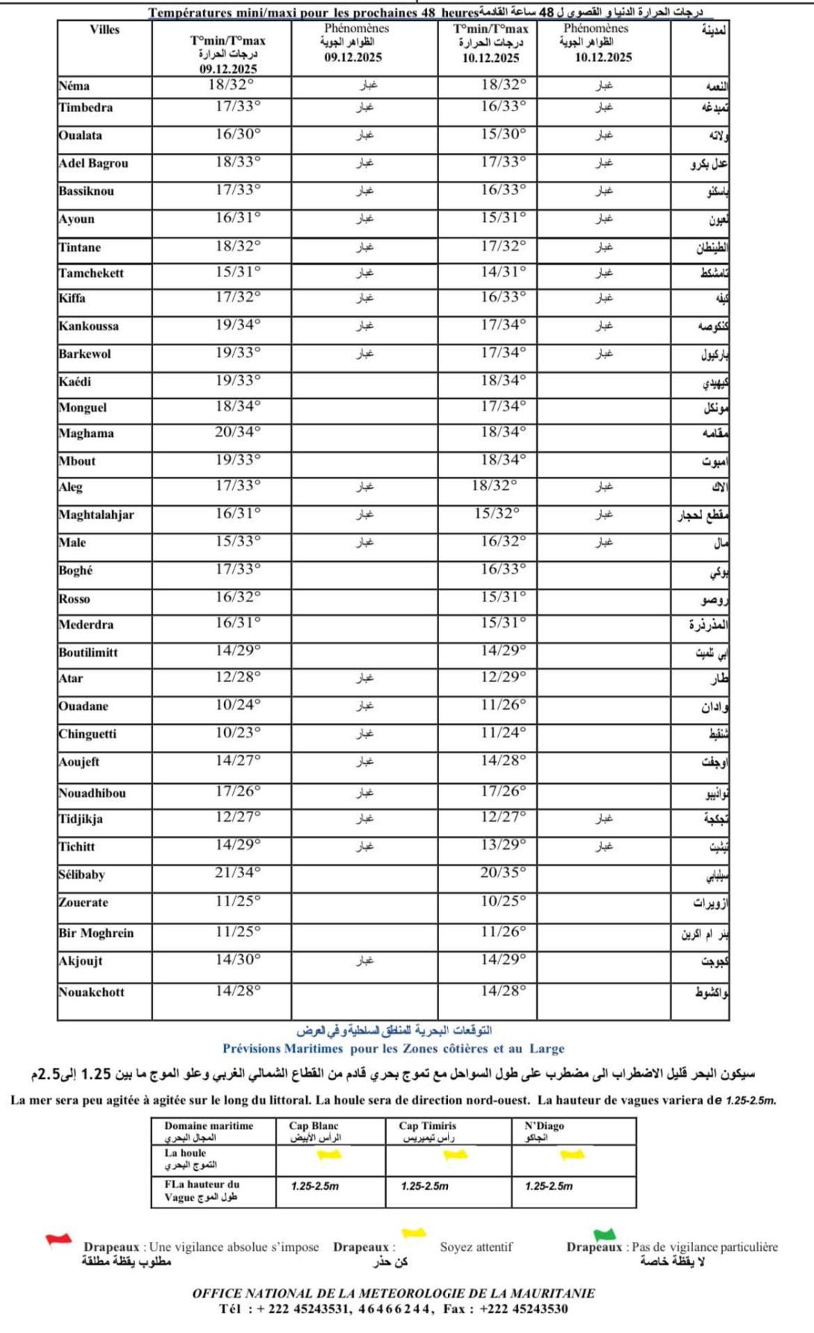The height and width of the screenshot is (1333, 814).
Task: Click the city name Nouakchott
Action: (91, 992)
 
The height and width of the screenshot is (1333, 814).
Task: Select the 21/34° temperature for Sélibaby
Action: (237, 873)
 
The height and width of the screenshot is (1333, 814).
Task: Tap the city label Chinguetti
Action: (87, 734)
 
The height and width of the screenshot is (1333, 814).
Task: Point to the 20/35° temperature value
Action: (503, 873)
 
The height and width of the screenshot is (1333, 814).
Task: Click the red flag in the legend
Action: (58, 1240)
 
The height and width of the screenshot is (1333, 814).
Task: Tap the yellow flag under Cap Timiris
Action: (455, 1155)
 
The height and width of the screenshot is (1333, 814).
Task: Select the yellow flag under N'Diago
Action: (572, 1155)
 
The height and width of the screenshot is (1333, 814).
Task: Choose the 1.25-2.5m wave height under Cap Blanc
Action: (314, 1186)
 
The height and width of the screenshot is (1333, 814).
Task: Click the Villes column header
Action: (105, 30)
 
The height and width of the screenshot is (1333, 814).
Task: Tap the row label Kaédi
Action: (75, 382)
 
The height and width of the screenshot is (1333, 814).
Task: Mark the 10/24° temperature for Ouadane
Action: (237, 705)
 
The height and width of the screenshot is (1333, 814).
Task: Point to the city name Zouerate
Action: (83, 903)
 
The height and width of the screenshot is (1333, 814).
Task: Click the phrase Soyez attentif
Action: (476, 1246)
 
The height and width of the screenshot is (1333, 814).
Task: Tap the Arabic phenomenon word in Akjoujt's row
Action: (364, 960)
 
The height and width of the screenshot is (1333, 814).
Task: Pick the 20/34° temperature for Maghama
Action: (237, 432)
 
